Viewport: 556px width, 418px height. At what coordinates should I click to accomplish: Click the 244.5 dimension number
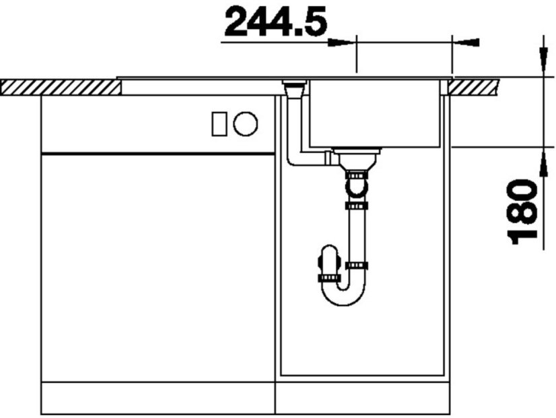(x=275, y=22)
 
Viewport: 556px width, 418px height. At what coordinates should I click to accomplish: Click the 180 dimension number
(x=523, y=211)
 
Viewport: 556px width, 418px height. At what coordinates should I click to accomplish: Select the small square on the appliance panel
(x=219, y=123)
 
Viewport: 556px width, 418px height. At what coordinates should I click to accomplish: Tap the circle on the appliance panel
(x=245, y=123)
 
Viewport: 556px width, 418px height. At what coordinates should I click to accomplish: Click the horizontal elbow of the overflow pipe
(x=303, y=160)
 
